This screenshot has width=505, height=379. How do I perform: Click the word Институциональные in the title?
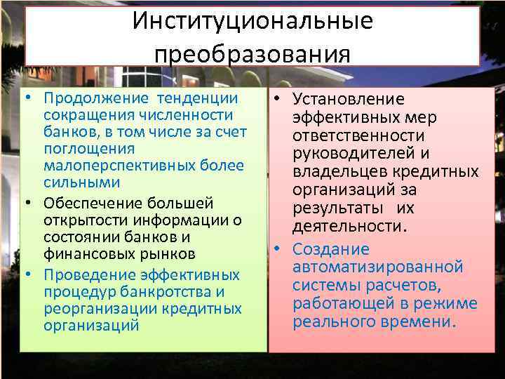252,22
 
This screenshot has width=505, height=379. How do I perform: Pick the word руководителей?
356,154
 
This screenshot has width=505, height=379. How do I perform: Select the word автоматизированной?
378,267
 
